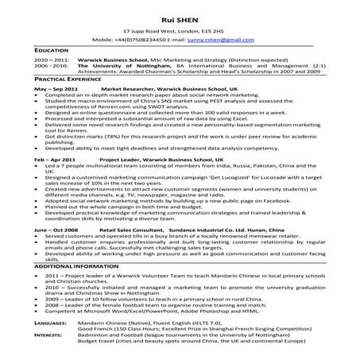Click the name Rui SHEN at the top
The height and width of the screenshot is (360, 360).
(180, 12)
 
